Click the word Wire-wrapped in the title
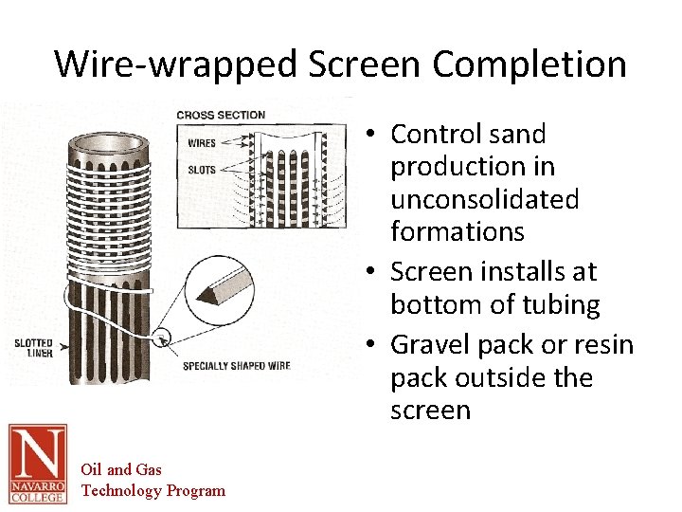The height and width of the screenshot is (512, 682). [x=175, y=64]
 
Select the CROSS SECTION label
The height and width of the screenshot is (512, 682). [x=221, y=116]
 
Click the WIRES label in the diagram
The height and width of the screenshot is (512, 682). [x=201, y=144]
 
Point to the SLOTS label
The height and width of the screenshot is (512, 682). [x=201, y=171]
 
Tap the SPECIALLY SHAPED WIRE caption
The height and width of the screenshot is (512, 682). [x=236, y=366]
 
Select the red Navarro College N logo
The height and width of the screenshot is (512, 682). [x=38, y=464]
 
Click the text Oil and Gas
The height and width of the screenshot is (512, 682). [x=121, y=469]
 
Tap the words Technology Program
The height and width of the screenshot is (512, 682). [x=153, y=490]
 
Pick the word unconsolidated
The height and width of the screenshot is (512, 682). [x=484, y=199]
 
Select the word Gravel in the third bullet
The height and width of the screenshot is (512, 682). [x=432, y=343]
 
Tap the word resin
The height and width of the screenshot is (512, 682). [x=598, y=343]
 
